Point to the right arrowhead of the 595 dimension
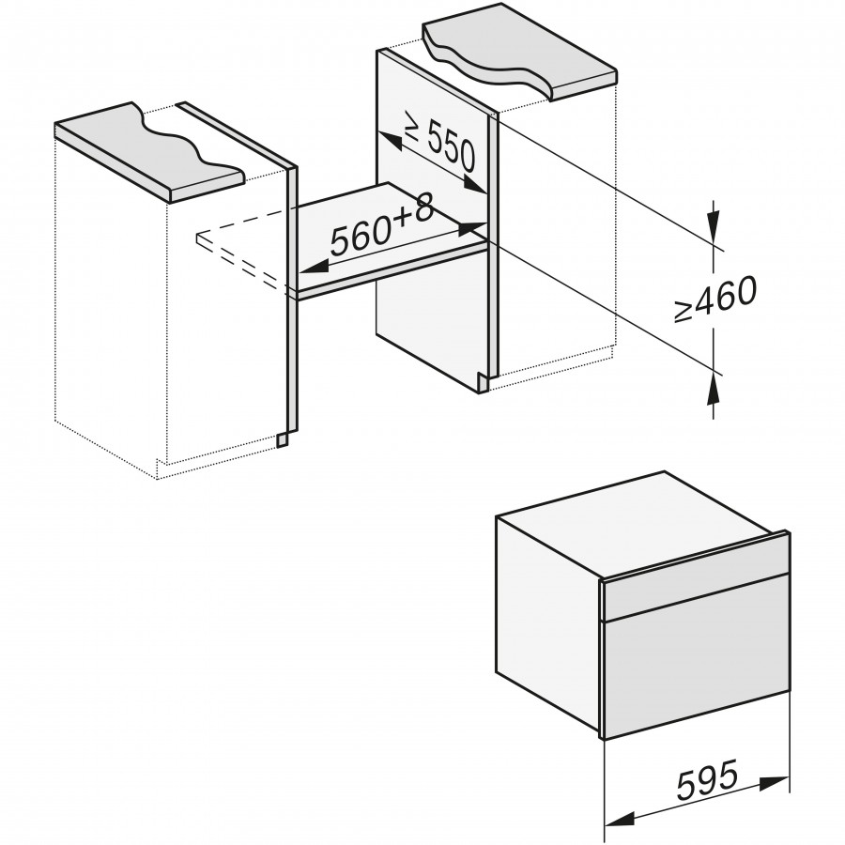click(775, 781)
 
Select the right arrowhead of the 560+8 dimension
click(472, 228)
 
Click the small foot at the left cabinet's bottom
click(283, 439)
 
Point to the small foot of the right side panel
click(483, 383)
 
